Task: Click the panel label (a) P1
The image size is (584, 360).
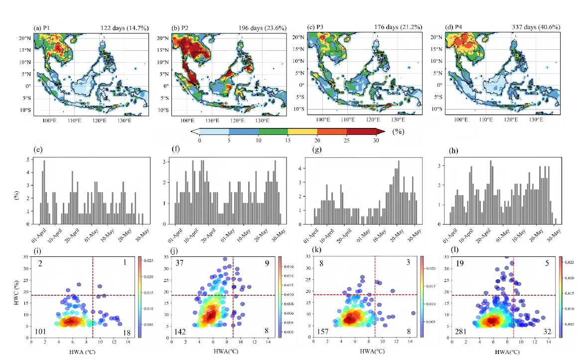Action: click(x=44, y=27)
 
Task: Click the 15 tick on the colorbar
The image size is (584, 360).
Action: click(x=288, y=141)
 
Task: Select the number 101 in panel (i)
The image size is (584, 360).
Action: click(x=41, y=332)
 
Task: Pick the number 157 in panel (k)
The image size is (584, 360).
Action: click(x=324, y=332)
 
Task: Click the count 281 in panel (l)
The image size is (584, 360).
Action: click(x=461, y=332)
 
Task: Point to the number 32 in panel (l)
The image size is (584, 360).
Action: click(x=545, y=332)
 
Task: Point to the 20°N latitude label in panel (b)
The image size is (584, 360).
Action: click(x=162, y=38)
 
